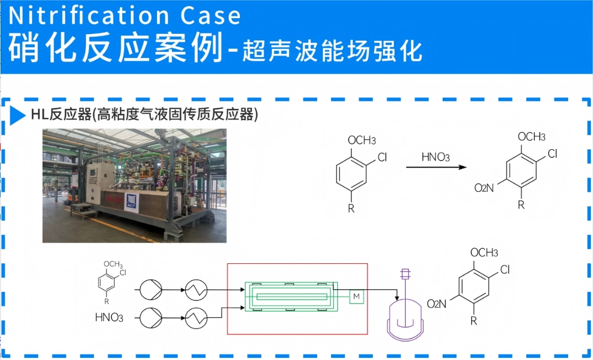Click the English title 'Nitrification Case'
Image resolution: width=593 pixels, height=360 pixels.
[x=125, y=15]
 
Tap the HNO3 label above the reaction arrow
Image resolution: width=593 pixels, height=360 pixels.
[x=435, y=157]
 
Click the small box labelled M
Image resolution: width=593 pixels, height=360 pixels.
[x=357, y=298]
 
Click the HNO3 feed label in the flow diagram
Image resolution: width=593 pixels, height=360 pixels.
[x=109, y=318]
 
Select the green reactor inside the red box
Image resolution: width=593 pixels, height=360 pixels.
[x=291, y=298]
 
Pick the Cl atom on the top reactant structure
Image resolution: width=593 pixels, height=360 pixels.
[x=382, y=158]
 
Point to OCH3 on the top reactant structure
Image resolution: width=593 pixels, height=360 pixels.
[x=362, y=140]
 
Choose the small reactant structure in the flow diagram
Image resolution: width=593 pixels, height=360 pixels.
[x=109, y=282]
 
